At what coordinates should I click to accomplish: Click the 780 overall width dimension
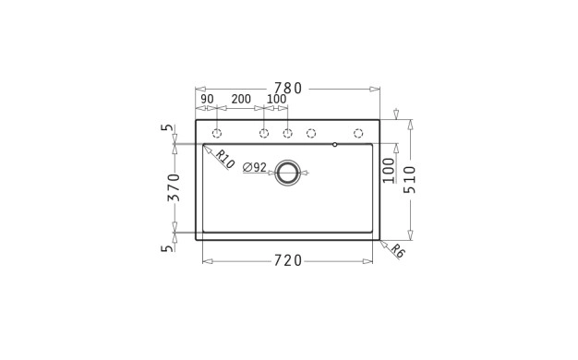coord(288,89)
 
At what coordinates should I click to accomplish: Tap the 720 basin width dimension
coord(288,261)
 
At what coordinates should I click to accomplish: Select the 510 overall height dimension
coord(409,179)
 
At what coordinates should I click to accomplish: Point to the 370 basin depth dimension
coord(174,187)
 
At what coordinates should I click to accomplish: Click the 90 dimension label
coord(207,99)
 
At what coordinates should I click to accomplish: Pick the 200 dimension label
coord(241,99)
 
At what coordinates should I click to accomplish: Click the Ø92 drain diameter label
coord(255,168)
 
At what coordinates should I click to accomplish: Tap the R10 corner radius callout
coord(224,159)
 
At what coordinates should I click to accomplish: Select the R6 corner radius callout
coord(398,251)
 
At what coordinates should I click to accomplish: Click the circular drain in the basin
coord(287,173)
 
